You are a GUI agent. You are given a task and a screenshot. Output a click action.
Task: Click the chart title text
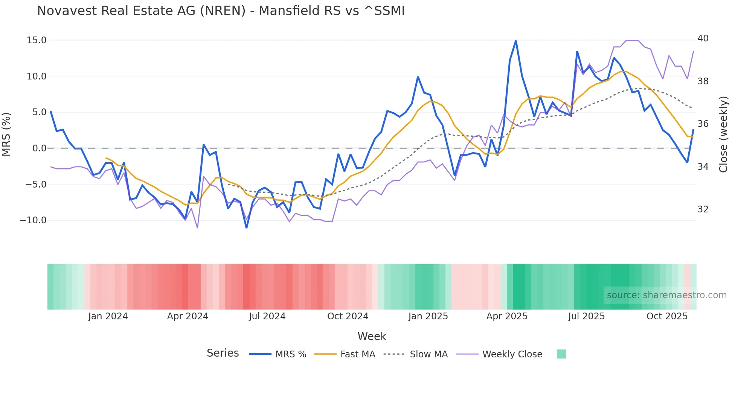221,11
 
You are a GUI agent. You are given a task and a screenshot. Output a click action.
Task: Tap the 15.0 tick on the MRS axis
37,40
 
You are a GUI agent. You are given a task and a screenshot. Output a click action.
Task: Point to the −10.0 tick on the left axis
33,220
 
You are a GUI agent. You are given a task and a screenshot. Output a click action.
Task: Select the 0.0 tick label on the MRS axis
39,148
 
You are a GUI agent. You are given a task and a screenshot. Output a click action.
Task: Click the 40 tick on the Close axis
703,38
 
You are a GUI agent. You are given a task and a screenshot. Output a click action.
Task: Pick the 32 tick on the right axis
703,209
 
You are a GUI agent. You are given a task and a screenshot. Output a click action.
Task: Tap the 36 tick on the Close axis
703,124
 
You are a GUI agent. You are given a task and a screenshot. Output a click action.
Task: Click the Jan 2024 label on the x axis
108,316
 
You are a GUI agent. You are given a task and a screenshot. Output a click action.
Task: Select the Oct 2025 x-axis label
667,316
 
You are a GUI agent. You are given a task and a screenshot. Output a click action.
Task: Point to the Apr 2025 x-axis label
507,316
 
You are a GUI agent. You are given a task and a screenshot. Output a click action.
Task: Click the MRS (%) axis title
6,134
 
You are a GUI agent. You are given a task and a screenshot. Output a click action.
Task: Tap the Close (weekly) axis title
723,134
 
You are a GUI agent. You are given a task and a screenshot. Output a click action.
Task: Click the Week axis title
372,336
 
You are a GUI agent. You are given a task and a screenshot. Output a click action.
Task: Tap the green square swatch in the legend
561,354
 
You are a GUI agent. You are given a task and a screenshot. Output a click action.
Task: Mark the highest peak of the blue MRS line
516,41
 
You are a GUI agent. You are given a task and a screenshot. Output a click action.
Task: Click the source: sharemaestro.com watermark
666,295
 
